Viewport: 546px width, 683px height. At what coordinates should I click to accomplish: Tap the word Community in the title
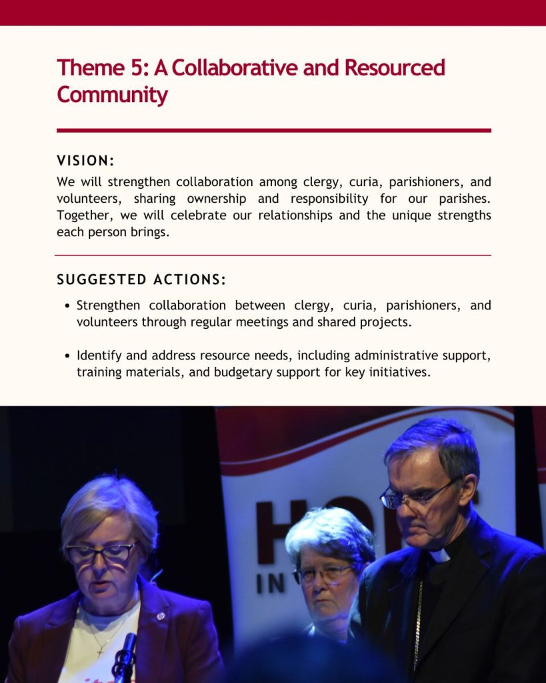[112, 95]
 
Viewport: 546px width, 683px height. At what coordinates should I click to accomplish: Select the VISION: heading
[86, 161]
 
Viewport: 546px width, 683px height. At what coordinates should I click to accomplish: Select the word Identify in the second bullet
[99, 355]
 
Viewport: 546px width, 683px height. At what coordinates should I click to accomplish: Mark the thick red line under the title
[273, 130]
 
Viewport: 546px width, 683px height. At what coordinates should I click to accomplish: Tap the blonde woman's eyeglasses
[102, 552]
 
